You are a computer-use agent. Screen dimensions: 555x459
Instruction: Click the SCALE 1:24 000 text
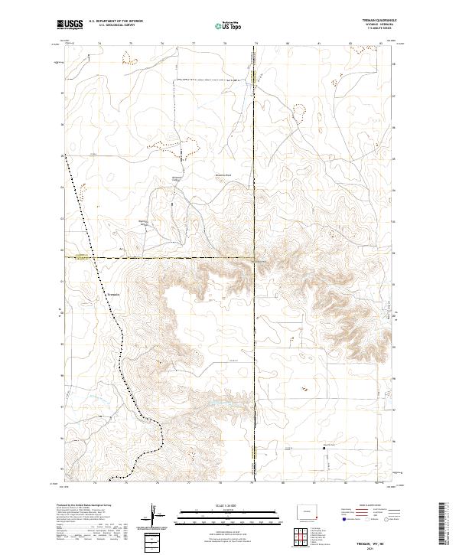coord(220,506)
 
